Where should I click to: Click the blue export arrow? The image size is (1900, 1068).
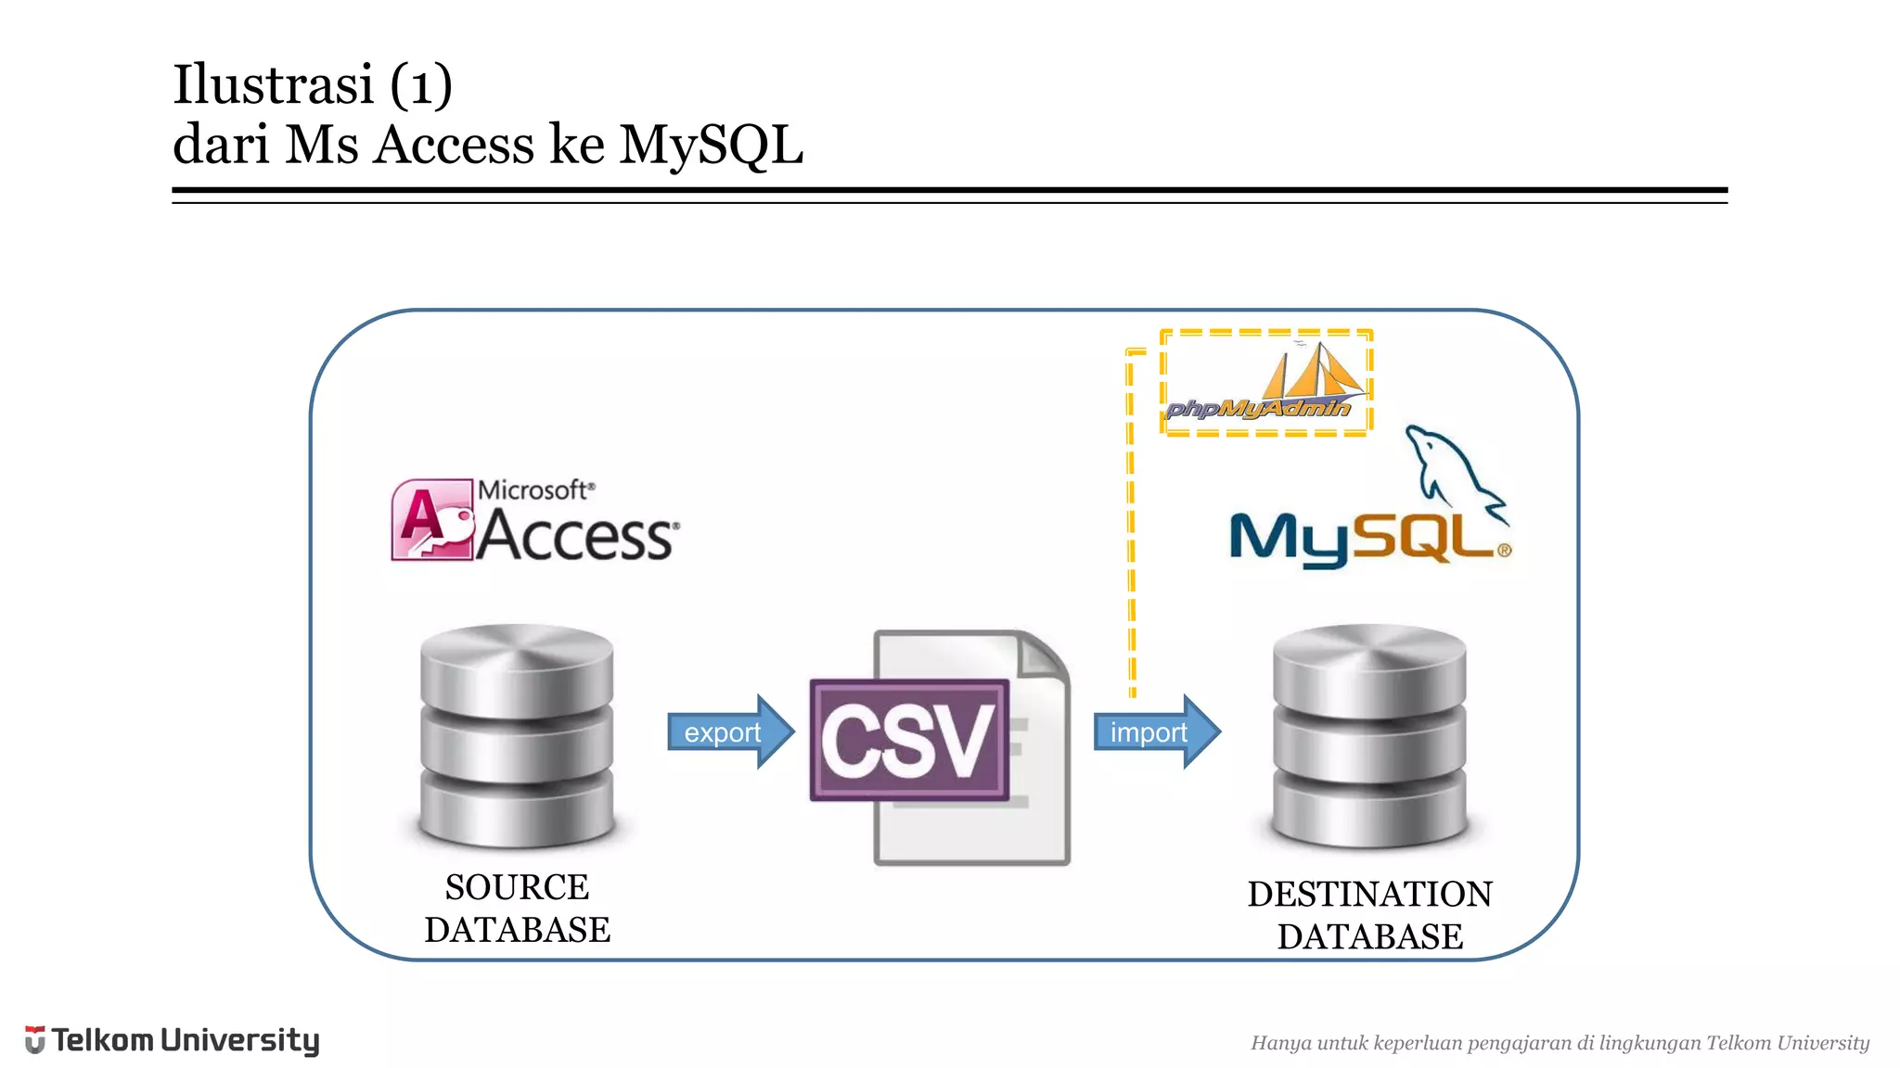coord(729,731)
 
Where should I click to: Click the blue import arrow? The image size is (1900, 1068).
coord(1155,731)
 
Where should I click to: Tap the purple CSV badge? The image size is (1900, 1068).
coord(908,740)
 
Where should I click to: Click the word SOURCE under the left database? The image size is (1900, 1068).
coord(517,887)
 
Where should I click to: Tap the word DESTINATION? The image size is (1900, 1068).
coord(1369,895)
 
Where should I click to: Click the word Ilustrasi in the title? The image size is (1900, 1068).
coord(273,84)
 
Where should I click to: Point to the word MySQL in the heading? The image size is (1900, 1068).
coord(711,146)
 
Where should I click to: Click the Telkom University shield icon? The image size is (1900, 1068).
coord(34,1040)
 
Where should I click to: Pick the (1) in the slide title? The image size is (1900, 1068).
coord(420,84)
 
